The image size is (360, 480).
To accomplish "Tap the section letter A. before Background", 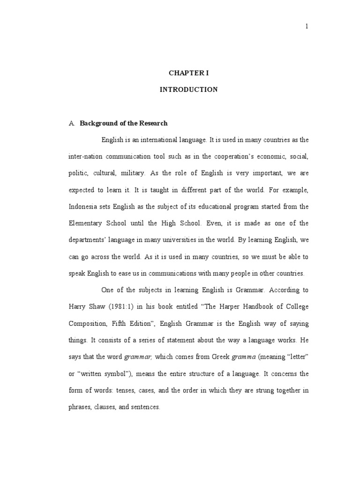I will [72, 124].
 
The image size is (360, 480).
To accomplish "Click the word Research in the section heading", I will [153, 123].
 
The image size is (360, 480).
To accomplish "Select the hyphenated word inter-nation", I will [84, 157].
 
